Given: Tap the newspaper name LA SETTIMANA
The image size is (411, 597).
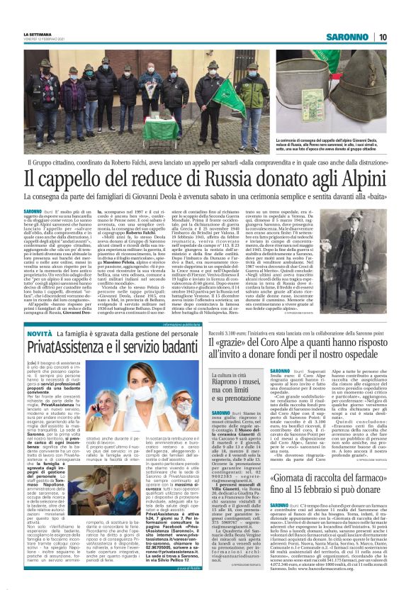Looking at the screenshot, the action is pyautogui.click(x=38, y=33).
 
